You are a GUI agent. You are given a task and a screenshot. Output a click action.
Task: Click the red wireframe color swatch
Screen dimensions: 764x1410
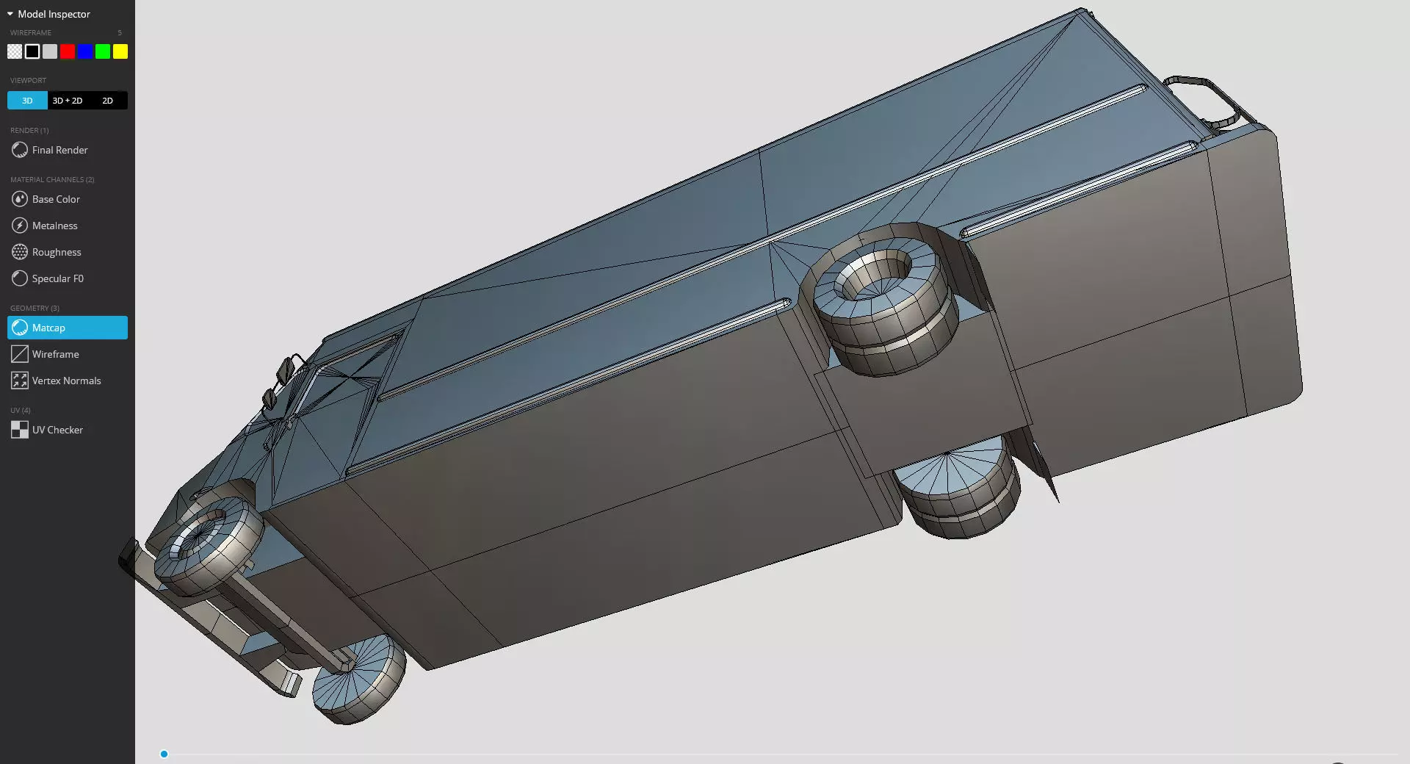tap(68, 51)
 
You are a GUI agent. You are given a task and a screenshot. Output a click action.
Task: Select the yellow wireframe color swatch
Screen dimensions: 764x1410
tap(120, 51)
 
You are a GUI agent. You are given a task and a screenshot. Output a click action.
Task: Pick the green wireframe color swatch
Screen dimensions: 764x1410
tap(103, 51)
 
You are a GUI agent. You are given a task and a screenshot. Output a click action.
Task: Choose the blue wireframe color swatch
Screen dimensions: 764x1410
tap(85, 51)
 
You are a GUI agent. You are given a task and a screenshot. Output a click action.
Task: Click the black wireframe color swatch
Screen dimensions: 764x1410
tap(32, 51)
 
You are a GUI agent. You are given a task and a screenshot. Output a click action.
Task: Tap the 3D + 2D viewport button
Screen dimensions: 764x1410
tap(68, 101)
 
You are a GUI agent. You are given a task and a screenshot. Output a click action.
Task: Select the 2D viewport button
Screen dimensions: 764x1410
tap(108, 101)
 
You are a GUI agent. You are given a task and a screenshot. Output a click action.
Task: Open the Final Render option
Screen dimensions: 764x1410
tap(59, 150)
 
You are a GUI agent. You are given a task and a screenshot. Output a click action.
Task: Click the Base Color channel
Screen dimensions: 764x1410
tap(56, 199)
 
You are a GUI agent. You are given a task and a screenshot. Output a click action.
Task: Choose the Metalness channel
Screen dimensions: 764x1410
tap(54, 226)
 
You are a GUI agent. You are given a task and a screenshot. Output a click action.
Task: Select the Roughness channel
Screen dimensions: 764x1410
tap(57, 252)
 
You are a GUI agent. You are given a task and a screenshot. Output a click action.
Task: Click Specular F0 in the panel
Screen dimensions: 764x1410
tap(57, 278)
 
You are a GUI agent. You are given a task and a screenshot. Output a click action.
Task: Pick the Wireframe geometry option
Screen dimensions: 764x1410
tap(55, 354)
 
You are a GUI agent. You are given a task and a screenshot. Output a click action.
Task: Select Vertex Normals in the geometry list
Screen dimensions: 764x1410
tap(66, 381)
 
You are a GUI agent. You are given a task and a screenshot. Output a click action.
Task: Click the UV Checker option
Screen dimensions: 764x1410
tap(57, 430)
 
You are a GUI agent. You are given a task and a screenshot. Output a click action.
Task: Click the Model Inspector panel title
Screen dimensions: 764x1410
tap(54, 14)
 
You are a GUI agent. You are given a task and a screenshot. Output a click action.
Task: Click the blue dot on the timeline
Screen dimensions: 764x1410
tap(164, 754)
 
